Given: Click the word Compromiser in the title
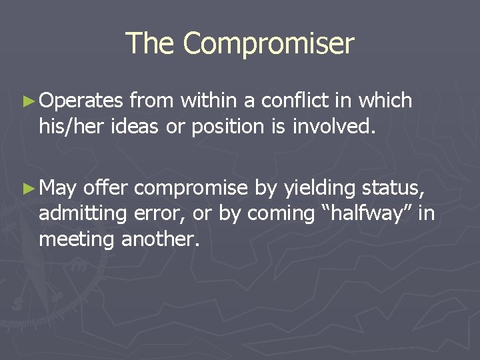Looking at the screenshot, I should pyautogui.click(x=269, y=44).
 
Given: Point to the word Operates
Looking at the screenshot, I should pyautogui.click(x=81, y=102).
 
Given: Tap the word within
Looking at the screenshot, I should pyautogui.click(x=210, y=101).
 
